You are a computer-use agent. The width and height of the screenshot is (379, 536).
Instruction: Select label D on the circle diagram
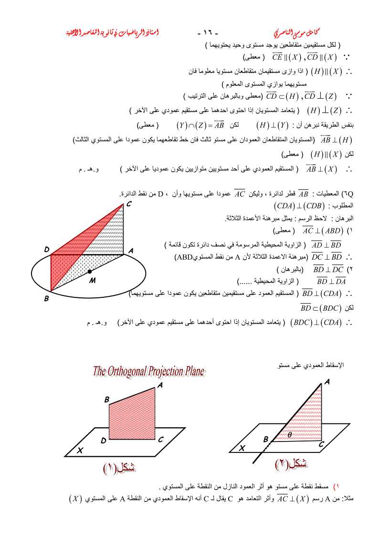(47, 249)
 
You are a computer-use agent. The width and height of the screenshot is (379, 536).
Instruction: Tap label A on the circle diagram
(130, 250)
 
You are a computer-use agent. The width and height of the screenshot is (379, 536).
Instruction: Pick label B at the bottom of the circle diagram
(46, 299)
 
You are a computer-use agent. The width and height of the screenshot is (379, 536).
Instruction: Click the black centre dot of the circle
(89, 272)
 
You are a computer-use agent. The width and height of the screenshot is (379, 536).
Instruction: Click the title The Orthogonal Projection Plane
(148, 371)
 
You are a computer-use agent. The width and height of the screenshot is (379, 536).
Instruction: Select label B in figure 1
(107, 399)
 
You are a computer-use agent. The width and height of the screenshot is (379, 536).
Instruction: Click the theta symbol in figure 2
(289, 434)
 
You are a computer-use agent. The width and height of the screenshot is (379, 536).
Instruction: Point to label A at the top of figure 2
(327, 382)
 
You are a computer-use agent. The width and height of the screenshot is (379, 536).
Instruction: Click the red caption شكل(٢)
(291, 463)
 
